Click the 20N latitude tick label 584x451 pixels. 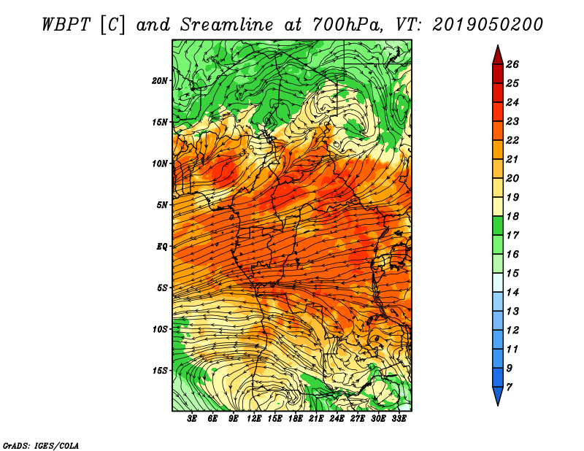tap(160, 81)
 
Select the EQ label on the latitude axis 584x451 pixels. tap(162, 247)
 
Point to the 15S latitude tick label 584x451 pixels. tap(160, 371)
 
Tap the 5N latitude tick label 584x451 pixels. tap(162, 205)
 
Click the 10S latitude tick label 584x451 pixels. tap(160, 329)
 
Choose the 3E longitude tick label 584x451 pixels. tap(192, 419)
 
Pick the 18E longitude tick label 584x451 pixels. tap(296, 419)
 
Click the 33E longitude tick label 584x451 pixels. tap(399, 419)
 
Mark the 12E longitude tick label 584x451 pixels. tap(254, 419)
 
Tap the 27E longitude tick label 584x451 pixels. tap(358, 419)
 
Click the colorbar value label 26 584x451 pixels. tap(512, 64)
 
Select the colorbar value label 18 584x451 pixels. tap(512, 216)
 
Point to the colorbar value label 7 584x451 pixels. tap(509, 388)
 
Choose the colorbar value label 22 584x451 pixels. tap(512, 140)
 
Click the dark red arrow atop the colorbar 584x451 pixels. tap(498, 55)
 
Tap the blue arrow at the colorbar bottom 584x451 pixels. tap(498, 396)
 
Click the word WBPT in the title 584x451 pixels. tap(66, 25)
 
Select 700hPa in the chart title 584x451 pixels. tap(347, 25)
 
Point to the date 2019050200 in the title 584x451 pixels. tap(488, 25)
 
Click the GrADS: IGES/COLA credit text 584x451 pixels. tap(41, 445)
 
